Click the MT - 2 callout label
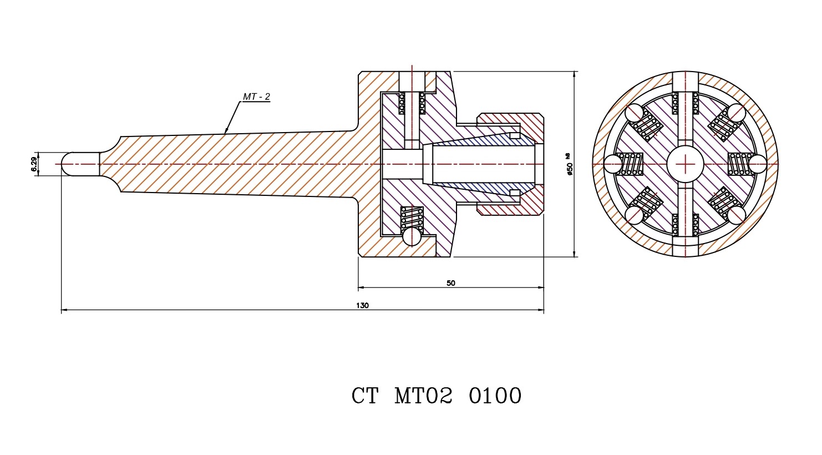[x=256, y=97]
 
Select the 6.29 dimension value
[x=34, y=164]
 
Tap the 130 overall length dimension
[x=362, y=306]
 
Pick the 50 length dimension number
[x=450, y=283]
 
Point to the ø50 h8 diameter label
[x=570, y=164]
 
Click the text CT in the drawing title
[x=364, y=396]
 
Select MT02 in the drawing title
[x=423, y=396]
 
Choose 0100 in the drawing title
[x=495, y=396]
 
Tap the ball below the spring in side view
[x=412, y=236]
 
